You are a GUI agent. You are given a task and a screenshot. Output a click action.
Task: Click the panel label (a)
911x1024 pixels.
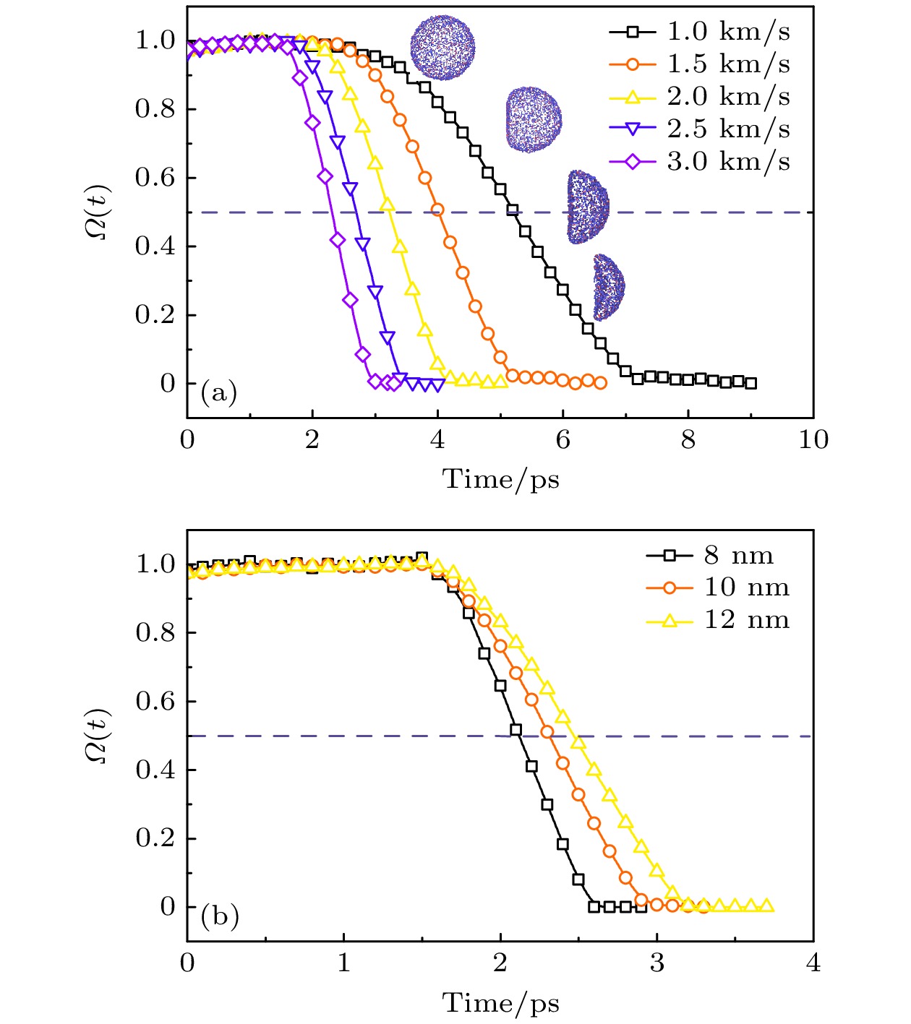[218, 392]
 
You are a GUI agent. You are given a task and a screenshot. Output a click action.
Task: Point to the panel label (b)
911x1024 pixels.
[219, 916]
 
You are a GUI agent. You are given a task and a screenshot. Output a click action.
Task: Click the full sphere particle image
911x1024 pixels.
[442, 48]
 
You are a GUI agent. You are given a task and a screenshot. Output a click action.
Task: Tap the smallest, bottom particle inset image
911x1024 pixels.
[608, 287]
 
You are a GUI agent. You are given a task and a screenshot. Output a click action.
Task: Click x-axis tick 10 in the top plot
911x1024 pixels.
[813, 439]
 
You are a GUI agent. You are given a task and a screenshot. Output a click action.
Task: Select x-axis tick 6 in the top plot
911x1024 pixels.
[563, 439]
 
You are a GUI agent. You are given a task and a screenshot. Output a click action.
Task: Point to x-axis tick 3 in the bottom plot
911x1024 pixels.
[656, 963]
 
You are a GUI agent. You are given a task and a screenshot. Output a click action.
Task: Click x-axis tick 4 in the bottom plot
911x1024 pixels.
[813, 963]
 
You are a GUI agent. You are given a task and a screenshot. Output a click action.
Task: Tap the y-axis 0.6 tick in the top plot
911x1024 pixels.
[155, 178]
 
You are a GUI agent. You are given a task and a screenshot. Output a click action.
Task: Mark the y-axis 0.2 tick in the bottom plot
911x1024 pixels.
[155, 838]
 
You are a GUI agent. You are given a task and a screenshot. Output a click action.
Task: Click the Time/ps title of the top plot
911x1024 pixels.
[500, 479]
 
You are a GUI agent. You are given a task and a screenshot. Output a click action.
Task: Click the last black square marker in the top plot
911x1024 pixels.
[750, 383]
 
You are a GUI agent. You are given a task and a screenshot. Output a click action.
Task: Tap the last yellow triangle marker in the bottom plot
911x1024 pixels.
[766, 905]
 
